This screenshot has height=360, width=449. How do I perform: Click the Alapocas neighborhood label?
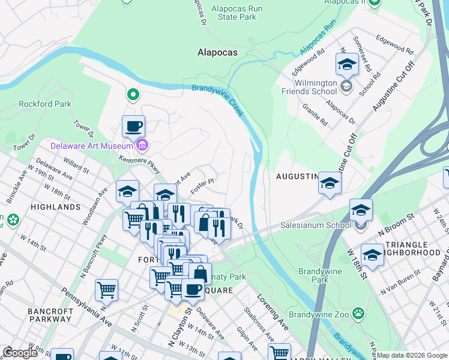(x=217, y=52)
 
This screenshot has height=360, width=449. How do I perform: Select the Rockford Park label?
(x=45, y=104)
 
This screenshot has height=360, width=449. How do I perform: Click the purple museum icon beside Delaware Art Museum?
(x=142, y=145)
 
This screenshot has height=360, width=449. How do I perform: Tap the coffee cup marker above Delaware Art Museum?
(x=133, y=127)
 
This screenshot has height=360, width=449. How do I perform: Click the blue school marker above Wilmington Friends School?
(x=346, y=64)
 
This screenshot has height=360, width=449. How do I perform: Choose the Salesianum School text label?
(x=316, y=226)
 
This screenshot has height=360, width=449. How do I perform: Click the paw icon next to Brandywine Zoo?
(x=358, y=313)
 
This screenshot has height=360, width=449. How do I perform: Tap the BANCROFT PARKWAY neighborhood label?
(x=50, y=316)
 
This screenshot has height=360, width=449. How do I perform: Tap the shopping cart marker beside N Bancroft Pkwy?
(x=106, y=290)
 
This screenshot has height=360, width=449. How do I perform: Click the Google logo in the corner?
(x=20, y=353)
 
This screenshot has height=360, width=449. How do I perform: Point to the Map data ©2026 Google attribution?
(x=412, y=355)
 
